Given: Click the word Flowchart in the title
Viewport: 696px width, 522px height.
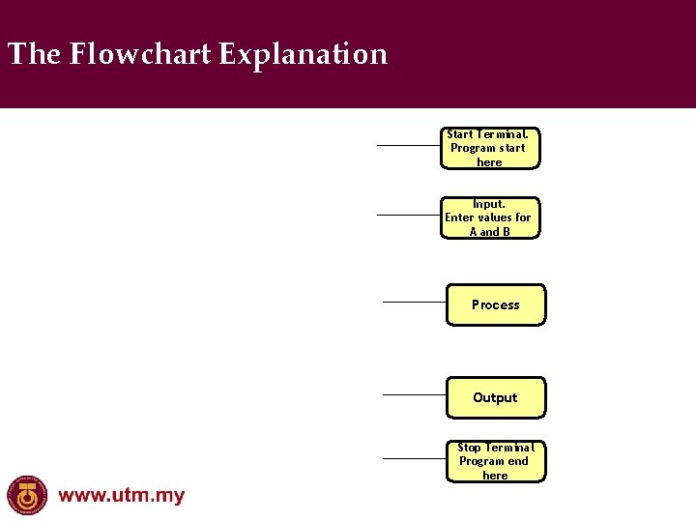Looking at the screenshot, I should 141,54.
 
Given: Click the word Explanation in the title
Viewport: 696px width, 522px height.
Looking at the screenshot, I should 303,54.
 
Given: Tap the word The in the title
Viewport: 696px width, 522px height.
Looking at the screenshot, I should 35,54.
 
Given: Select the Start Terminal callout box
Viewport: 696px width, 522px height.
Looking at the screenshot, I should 489,148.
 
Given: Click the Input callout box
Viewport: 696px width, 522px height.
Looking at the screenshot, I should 489,217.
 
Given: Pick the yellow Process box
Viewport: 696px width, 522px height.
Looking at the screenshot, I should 496,304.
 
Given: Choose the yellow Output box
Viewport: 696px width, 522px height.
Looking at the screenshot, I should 496,397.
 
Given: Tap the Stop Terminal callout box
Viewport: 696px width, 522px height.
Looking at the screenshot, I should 495,461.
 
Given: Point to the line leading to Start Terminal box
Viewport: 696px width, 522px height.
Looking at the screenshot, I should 408,146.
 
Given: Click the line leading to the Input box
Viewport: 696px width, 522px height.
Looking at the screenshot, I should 408,216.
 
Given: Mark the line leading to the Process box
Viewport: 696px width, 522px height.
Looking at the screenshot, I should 414,302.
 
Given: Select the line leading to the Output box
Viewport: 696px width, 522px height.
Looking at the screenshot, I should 414,394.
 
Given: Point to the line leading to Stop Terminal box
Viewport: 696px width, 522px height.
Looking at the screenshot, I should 414,458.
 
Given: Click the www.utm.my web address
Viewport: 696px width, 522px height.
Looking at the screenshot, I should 122,497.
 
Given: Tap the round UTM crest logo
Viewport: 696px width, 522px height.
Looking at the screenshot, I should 27,495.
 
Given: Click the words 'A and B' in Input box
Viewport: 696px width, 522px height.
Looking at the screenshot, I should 489,232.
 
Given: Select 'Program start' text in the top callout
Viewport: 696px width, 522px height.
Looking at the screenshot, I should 488,148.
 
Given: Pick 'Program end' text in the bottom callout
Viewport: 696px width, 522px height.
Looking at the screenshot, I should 494,461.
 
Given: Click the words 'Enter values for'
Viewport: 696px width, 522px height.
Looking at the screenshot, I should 488,217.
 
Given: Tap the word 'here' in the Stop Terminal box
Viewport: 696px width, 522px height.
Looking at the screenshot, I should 495,476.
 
